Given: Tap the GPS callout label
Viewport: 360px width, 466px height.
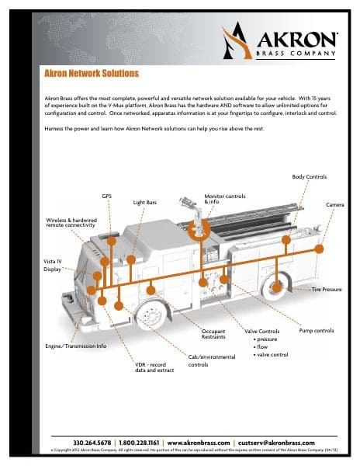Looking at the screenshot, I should pyautogui.click(x=107, y=196).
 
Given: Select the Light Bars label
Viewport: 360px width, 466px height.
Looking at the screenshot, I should pyautogui.click(x=144, y=202).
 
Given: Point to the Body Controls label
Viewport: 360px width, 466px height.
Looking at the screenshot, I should pyautogui.click(x=309, y=178).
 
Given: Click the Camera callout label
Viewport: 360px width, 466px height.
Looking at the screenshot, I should pyautogui.click(x=335, y=204).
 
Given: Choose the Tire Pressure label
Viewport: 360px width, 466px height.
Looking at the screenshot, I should pyautogui.click(x=327, y=289).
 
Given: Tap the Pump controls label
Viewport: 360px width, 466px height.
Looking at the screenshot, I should pyautogui.click(x=316, y=331).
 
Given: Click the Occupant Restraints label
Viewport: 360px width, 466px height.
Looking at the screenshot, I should pyautogui.click(x=208, y=335).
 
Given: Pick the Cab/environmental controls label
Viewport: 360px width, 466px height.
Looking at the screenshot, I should pyautogui.click(x=209, y=360).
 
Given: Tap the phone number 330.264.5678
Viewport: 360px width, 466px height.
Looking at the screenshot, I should pyautogui.click(x=93, y=442).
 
